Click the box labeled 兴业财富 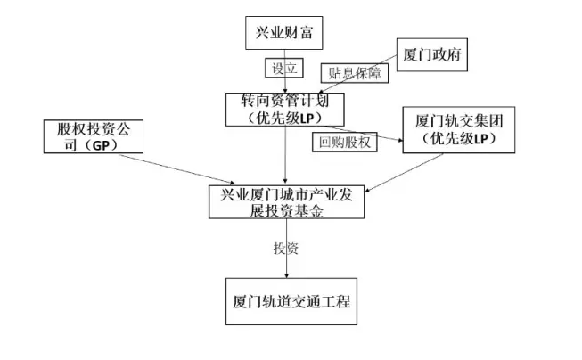click(x=283, y=34)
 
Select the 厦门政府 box click(x=431, y=55)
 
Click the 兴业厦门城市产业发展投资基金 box click(x=286, y=200)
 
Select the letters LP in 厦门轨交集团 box click(x=480, y=140)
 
